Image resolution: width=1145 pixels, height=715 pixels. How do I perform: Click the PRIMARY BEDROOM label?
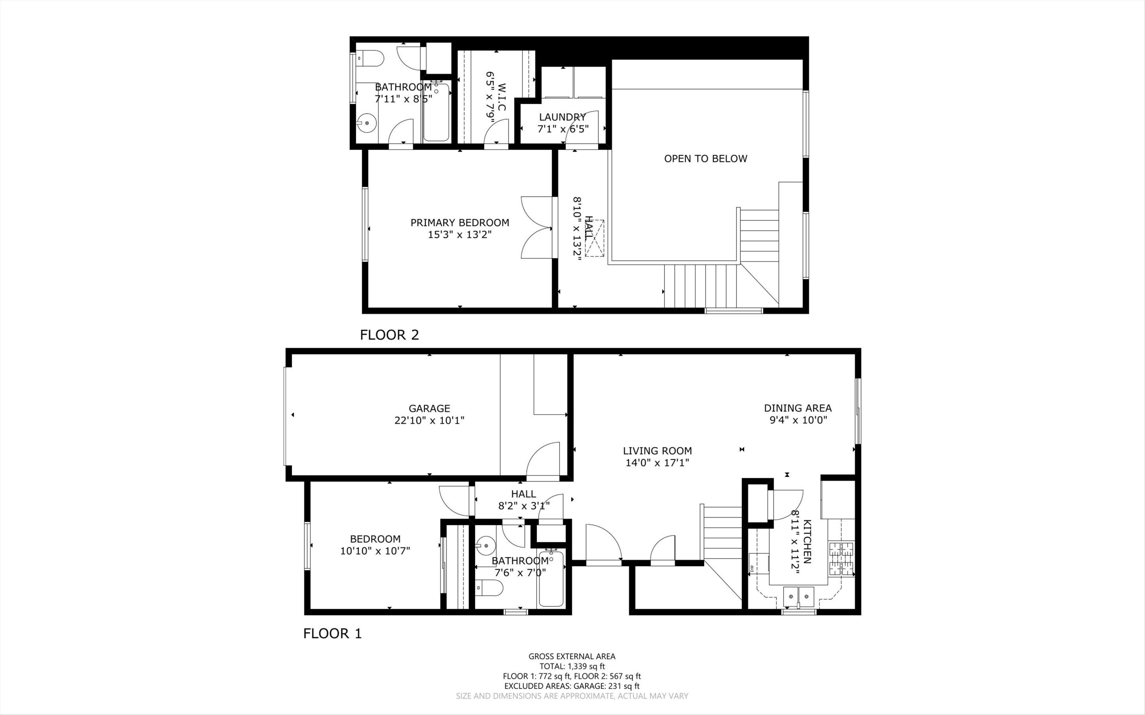[459, 223]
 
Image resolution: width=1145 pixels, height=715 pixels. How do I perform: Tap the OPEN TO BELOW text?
[705, 159]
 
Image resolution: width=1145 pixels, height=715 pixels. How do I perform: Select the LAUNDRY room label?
[562, 117]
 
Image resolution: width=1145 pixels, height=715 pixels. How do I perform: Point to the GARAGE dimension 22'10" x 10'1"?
[429, 420]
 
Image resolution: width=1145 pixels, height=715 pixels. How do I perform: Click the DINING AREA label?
[797, 407]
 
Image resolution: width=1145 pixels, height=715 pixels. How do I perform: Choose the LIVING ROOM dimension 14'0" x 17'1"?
[657, 463]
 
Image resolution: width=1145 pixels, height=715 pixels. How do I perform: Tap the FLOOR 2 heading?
[389, 335]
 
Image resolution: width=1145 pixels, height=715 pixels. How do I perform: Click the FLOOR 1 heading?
[332, 633]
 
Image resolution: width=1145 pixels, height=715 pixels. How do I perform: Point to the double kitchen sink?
[799, 597]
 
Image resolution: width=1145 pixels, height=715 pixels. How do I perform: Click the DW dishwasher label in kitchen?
[752, 567]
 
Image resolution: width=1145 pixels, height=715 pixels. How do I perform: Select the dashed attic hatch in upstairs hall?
[595, 238]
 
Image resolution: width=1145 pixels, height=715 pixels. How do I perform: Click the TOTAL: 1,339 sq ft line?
[572, 666]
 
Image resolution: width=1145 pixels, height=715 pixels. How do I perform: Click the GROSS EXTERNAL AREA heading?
[572, 656]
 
